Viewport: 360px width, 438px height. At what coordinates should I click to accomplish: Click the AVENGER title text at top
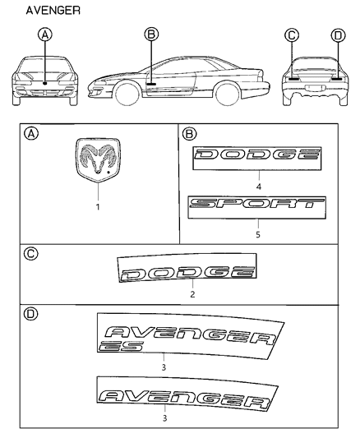click(x=53, y=11)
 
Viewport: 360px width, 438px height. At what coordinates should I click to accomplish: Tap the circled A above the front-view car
click(x=45, y=35)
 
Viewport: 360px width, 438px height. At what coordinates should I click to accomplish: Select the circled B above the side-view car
click(x=151, y=35)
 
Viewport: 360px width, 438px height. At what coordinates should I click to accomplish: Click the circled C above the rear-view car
click(x=292, y=35)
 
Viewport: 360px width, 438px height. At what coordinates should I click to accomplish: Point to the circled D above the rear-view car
click(x=338, y=36)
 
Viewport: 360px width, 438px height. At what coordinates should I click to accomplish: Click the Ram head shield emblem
click(x=98, y=160)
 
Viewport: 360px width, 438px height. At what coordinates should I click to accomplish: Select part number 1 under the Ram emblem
click(x=98, y=207)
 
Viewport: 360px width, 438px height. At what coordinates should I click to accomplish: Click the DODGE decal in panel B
click(x=257, y=158)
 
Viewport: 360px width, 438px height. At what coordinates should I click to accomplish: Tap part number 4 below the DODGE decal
click(x=259, y=187)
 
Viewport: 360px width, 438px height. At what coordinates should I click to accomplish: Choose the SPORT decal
click(x=257, y=208)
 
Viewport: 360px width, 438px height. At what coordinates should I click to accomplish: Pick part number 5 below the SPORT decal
click(x=258, y=235)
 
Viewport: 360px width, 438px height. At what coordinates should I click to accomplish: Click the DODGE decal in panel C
click(x=187, y=267)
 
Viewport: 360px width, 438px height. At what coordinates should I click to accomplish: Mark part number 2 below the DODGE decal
click(x=192, y=294)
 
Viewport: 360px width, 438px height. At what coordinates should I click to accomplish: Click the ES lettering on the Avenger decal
click(x=121, y=347)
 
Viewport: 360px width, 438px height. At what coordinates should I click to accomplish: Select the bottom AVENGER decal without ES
click(x=187, y=394)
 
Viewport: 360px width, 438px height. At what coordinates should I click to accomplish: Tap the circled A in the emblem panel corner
click(x=31, y=134)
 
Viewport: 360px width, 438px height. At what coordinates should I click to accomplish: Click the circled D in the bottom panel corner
click(x=30, y=314)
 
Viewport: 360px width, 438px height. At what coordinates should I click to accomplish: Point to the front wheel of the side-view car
click(x=127, y=93)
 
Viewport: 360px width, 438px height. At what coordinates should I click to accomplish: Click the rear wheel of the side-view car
click(x=228, y=93)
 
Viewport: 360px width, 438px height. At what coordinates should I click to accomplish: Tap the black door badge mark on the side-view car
click(x=151, y=84)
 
